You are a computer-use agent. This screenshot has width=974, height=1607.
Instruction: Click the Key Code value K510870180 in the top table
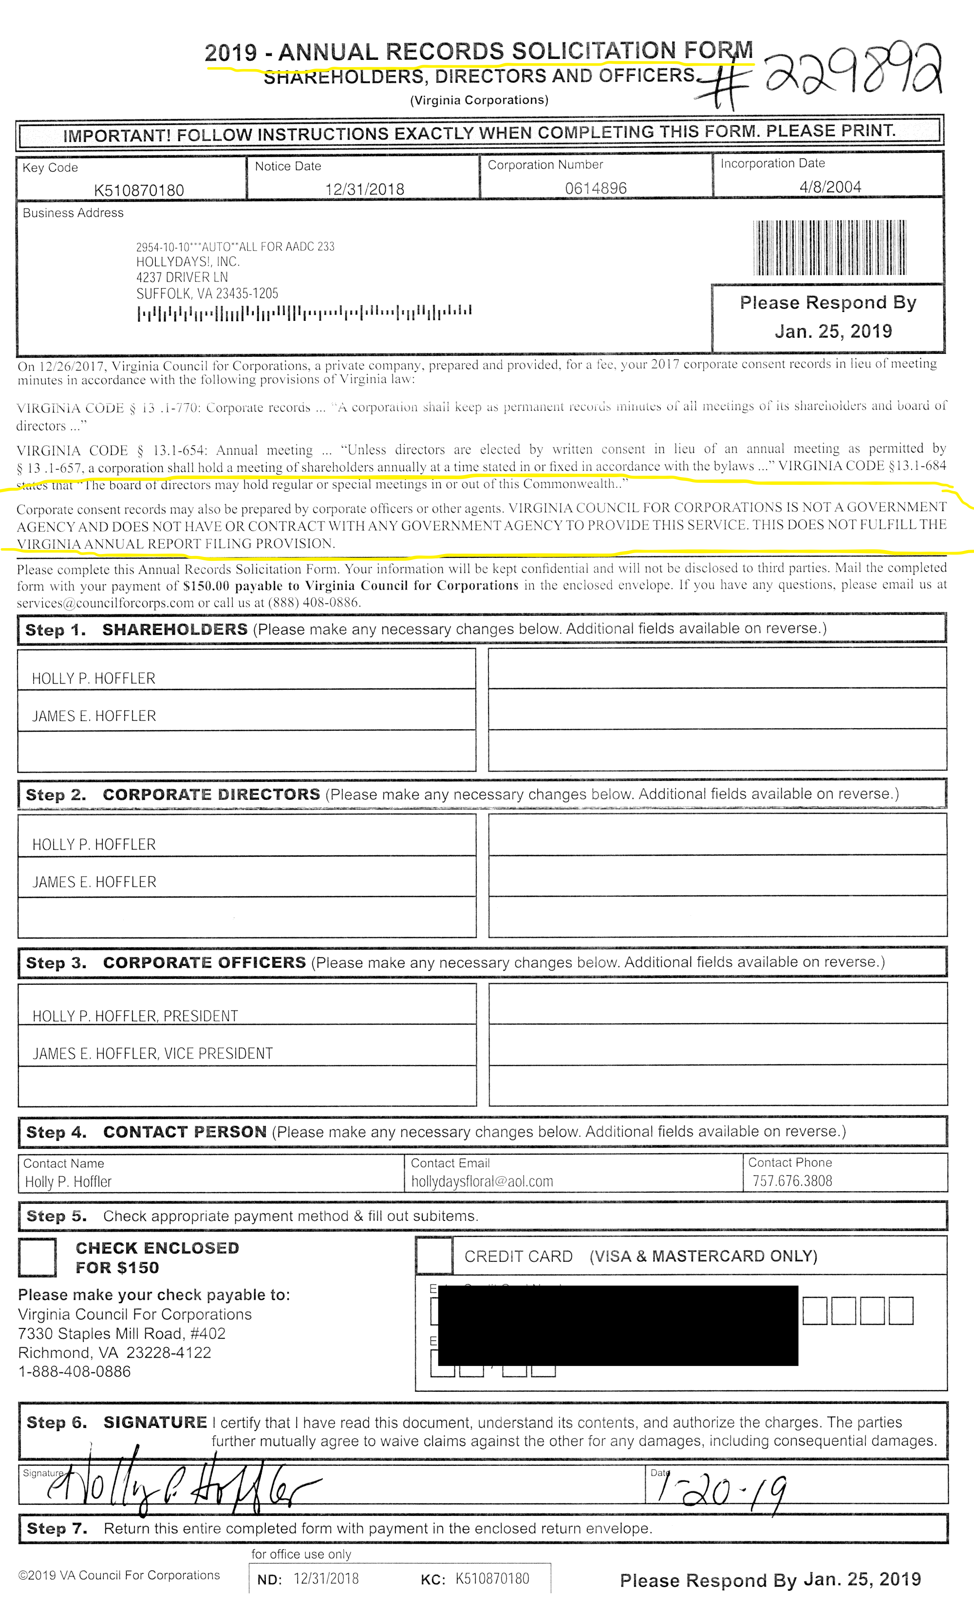(139, 190)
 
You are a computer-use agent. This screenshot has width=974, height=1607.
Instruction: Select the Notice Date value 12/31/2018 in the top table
(365, 189)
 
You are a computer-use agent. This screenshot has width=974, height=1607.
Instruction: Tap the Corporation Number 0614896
(596, 188)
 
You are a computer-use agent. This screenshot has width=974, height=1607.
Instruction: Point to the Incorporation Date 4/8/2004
(830, 187)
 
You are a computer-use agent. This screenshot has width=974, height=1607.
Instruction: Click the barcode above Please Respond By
(829, 248)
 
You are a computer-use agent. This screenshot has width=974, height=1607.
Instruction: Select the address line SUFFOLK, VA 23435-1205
(207, 294)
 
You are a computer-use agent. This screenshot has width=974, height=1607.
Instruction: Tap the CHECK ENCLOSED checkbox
(37, 1257)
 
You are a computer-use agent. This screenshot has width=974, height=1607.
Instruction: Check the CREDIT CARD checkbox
(434, 1256)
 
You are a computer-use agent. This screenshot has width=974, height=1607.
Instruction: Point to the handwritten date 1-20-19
(721, 1490)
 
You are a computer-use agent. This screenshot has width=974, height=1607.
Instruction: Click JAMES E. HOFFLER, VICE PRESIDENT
(152, 1054)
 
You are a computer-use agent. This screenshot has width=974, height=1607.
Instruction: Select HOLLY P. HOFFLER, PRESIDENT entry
(135, 1016)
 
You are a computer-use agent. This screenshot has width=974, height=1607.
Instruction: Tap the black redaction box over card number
(617, 1325)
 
